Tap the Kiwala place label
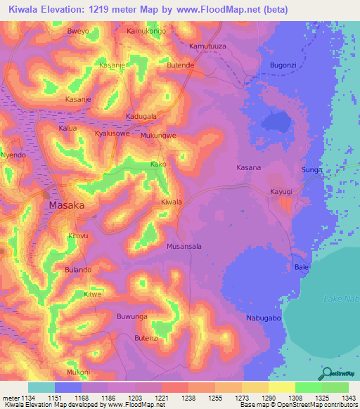172,202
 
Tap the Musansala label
184,247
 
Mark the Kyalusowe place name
112,133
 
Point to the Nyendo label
13,155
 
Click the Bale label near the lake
302,268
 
